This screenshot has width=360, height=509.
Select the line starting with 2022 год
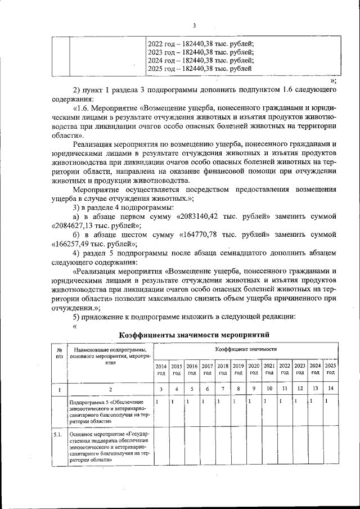point(200,43)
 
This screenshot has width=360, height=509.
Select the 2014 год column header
point(161,369)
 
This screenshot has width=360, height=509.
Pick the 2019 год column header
point(238,369)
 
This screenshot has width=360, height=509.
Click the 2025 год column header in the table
point(331,369)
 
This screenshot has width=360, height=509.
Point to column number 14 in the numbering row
point(331,389)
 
